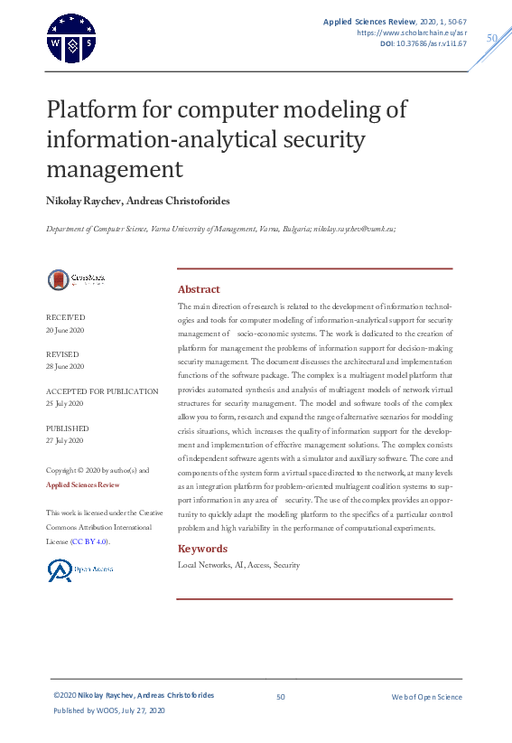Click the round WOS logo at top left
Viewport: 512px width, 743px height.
tap(70, 38)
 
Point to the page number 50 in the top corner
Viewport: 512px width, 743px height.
tap(492, 38)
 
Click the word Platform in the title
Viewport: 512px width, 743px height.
tap(92, 110)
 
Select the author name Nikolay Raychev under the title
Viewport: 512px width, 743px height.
tap(86, 200)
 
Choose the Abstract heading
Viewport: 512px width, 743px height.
tap(199, 289)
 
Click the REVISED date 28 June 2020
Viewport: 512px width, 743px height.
tap(65, 366)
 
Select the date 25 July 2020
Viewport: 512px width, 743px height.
tap(64, 402)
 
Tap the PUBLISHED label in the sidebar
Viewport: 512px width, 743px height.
tap(68, 428)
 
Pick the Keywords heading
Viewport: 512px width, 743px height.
tap(202, 549)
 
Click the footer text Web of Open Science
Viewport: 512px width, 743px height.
tap(426, 697)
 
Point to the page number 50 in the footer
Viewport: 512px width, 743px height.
tap(281, 697)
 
